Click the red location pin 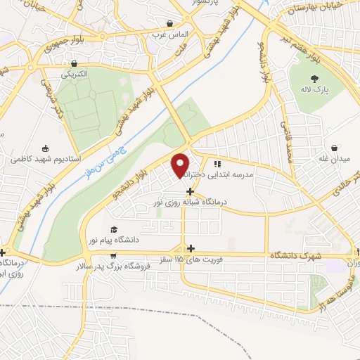pos(181,165)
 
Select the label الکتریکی pos(75,73)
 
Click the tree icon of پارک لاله pos(314,79)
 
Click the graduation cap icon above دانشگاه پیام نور pos(113,230)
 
